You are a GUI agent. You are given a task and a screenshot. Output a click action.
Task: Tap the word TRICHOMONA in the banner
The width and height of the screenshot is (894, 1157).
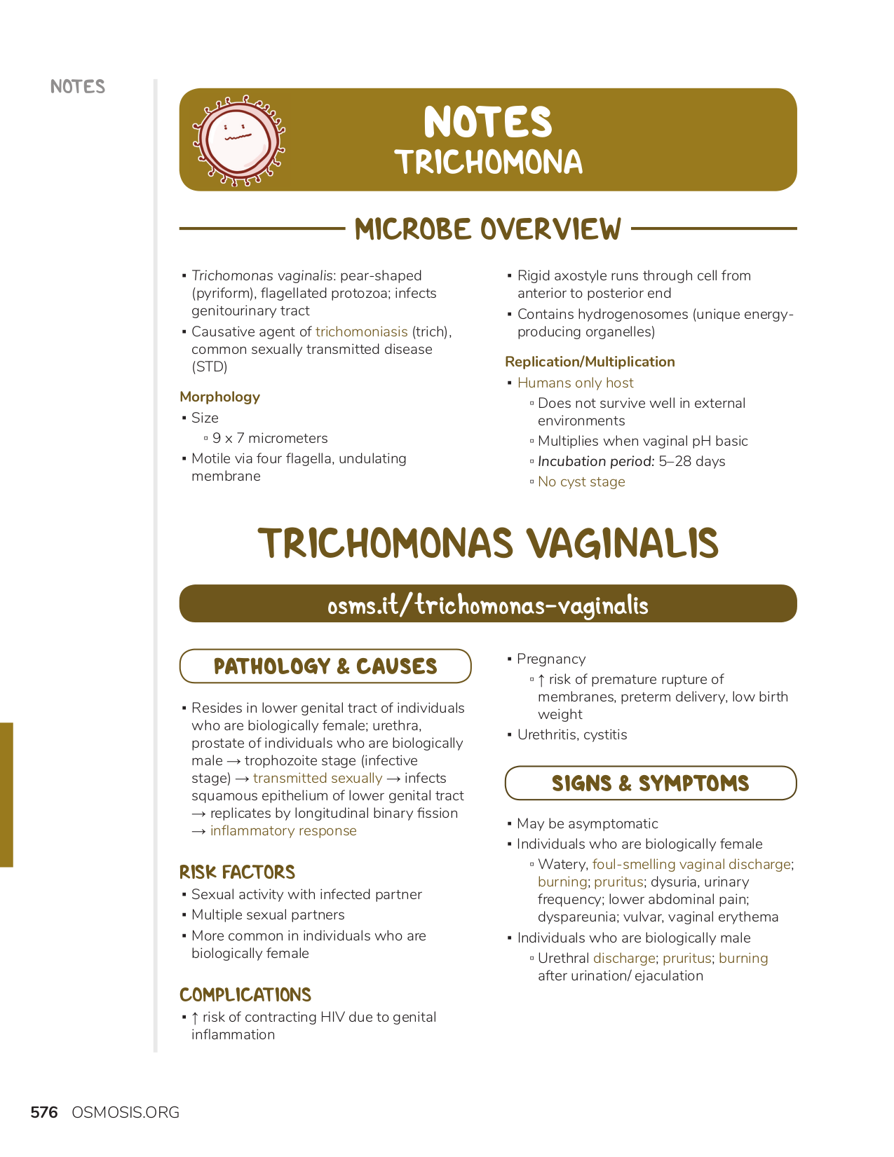(x=488, y=163)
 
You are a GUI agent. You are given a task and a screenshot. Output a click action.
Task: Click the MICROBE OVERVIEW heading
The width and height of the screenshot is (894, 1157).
(x=488, y=229)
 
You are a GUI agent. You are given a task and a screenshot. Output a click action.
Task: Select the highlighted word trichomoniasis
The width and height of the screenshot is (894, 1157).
(x=361, y=331)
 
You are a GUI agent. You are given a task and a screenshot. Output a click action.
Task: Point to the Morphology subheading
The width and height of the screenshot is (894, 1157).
(x=219, y=397)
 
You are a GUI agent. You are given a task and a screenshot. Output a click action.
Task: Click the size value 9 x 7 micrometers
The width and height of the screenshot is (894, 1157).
(x=270, y=438)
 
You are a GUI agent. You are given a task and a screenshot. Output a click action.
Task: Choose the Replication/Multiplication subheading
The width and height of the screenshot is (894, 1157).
(x=590, y=362)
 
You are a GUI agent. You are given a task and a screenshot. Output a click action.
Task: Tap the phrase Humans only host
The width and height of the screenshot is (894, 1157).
(x=575, y=383)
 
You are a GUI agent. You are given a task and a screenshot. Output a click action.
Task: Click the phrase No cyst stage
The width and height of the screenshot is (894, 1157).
(x=581, y=481)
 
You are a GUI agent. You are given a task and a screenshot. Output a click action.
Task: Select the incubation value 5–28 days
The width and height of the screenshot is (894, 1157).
(x=692, y=461)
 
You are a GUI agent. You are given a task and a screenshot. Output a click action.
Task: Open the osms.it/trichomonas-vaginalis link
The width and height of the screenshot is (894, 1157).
(x=488, y=605)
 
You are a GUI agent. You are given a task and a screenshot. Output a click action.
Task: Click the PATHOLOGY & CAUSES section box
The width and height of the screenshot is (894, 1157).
(x=325, y=666)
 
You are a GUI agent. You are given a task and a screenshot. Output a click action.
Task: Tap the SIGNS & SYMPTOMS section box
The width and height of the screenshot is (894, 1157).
(x=651, y=783)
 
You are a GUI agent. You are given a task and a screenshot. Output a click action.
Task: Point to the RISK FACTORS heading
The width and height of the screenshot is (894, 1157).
(x=237, y=872)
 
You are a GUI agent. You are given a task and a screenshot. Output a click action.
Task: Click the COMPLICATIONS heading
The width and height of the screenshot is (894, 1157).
(x=245, y=994)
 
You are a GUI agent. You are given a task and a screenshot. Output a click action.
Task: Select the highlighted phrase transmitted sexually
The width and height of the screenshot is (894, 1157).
(x=318, y=778)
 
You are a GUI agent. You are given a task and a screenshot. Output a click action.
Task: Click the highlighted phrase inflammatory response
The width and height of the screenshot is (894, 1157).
(x=283, y=830)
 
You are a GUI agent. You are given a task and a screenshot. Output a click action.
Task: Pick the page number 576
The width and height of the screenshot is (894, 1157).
(x=44, y=1112)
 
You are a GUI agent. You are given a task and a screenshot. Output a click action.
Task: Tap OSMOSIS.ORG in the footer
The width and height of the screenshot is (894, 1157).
(x=126, y=1112)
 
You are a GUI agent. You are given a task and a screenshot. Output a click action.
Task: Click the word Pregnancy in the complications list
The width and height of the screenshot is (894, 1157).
(x=551, y=659)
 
